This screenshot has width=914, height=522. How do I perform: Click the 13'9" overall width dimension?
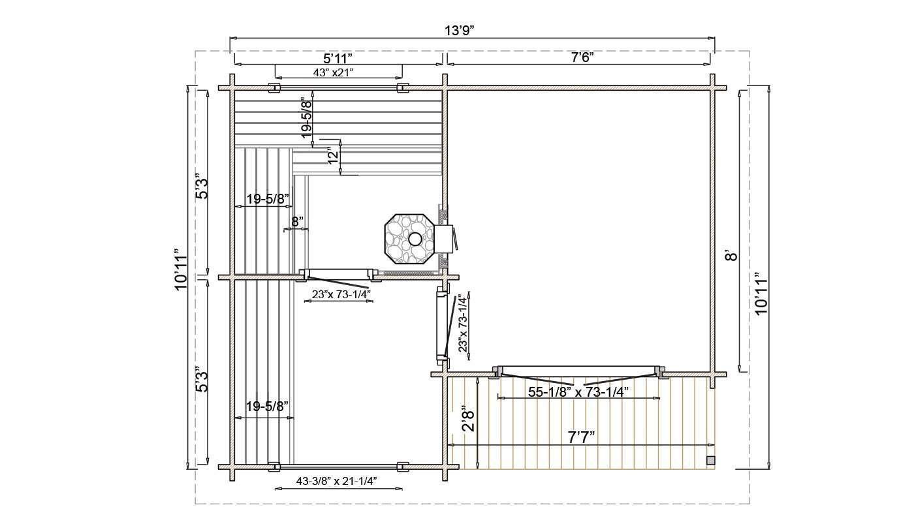click(x=460, y=30)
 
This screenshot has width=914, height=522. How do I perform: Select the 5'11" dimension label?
click(x=338, y=58)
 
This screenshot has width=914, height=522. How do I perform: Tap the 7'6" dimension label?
click(x=582, y=57)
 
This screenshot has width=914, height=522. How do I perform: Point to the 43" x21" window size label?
click(x=333, y=72)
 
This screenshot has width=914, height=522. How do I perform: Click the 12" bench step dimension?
click(x=334, y=156)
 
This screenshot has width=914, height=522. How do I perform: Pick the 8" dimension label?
click(x=298, y=222)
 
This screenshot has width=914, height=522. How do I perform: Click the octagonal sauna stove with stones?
click(x=409, y=239)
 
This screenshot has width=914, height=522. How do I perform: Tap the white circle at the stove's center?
click(x=415, y=239)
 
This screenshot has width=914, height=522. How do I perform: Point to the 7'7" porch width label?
click(x=582, y=438)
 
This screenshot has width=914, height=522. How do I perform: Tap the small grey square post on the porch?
click(x=711, y=461)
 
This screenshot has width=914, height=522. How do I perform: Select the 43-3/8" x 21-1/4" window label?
click(x=336, y=482)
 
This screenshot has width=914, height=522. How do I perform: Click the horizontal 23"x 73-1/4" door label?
click(x=341, y=294)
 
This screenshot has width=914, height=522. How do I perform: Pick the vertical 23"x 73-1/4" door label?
click(x=463, y=324)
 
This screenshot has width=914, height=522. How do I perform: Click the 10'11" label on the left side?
click(x=180, y=269)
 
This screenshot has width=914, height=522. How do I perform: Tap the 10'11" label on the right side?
click(x=761, y=293)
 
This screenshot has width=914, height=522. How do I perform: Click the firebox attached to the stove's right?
click(x=444, y=239)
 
